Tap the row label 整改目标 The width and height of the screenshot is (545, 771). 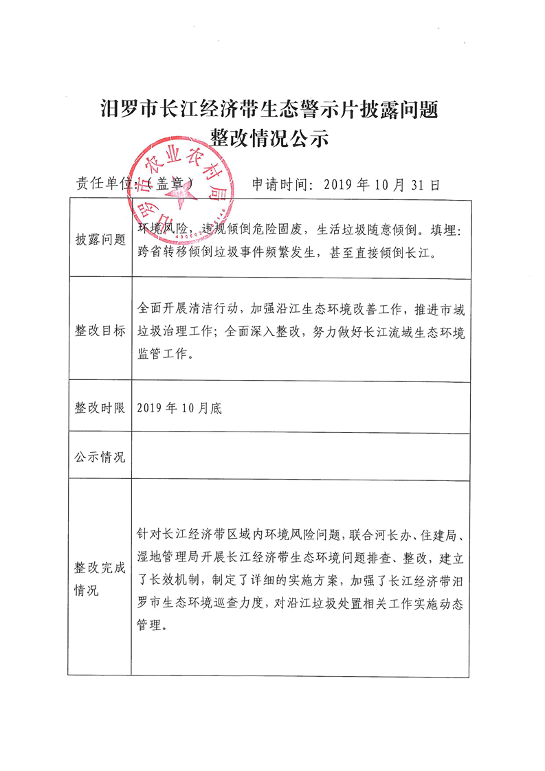[x=100, y=330]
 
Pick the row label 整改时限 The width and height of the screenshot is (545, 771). [x=100, y=407]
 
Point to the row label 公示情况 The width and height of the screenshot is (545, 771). [x=100, y=457]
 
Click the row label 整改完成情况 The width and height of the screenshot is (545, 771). [x=100, y=579]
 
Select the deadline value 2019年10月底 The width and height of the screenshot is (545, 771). [x=179, y=407]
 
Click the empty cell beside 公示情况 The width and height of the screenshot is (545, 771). [x=301, y=457]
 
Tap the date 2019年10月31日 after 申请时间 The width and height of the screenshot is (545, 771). [x=380, y=184]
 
